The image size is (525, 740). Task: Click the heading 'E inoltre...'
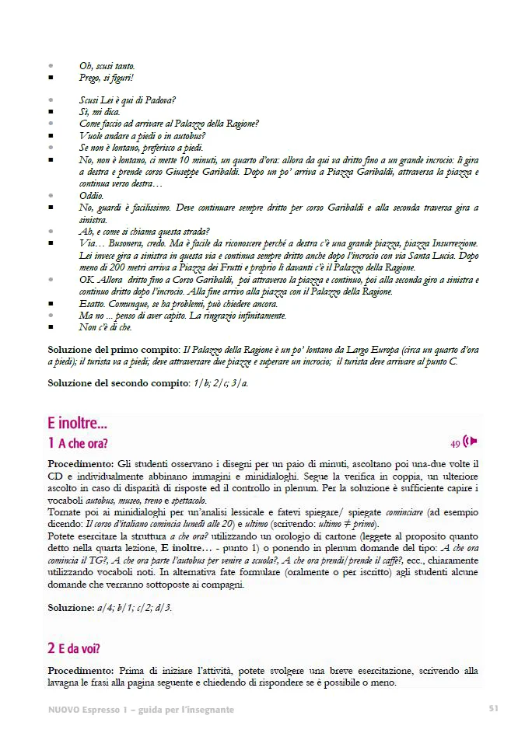[78, 424]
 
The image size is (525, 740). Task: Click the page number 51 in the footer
[493, 708]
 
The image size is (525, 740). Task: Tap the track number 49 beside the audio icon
[455, 444]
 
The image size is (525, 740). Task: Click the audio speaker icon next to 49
[470, 442]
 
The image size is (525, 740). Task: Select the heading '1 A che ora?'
[77, 444]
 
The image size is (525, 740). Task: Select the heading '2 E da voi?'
[74, 648]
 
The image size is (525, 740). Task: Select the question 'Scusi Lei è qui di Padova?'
[127, 100]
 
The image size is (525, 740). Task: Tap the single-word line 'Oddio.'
[92, 196]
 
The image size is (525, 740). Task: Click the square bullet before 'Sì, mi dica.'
[51, 112]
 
